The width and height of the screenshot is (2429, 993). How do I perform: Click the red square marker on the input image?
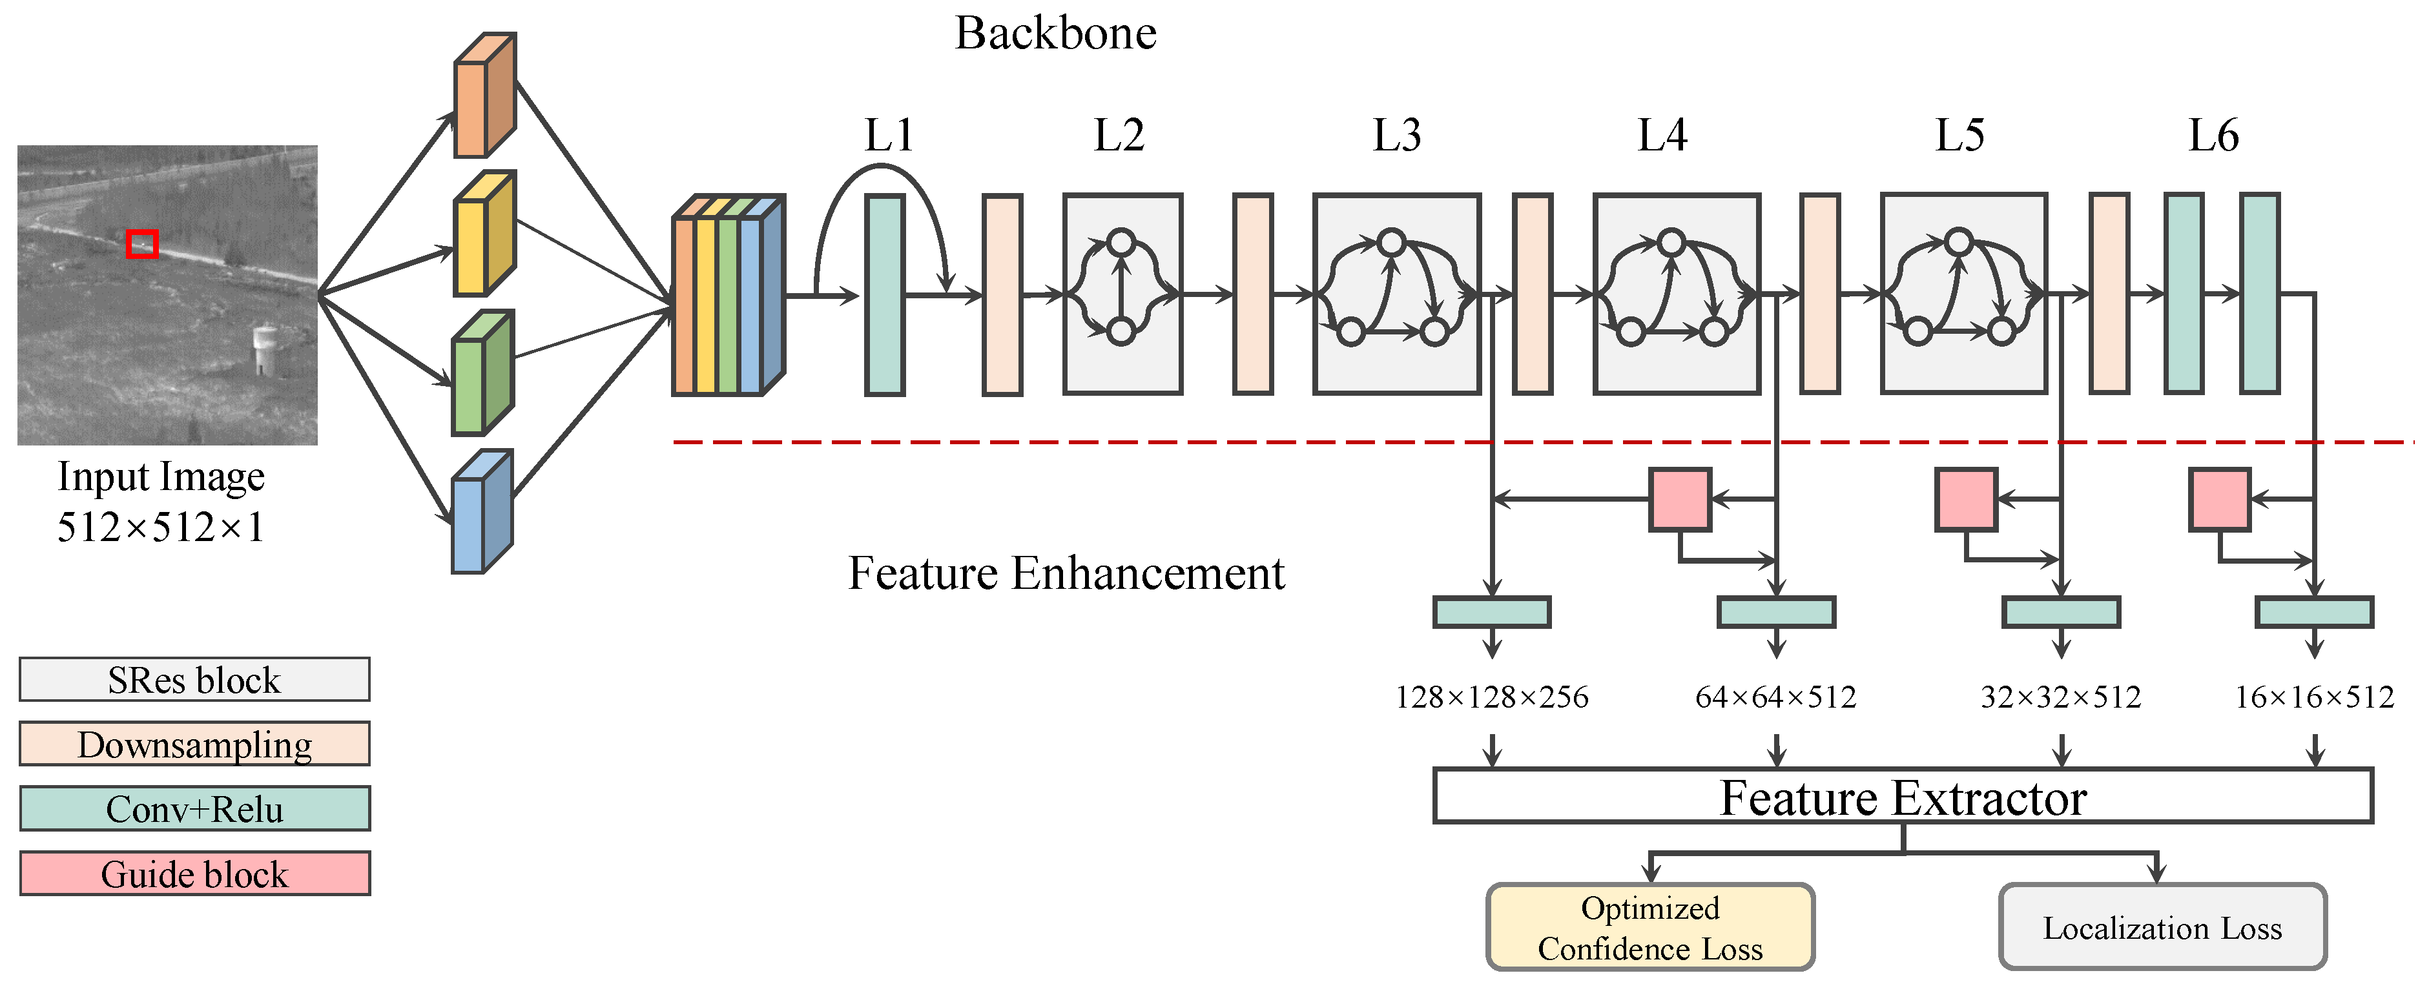142,243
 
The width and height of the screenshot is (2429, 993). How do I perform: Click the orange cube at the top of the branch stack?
484,96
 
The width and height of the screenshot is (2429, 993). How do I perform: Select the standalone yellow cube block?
484,234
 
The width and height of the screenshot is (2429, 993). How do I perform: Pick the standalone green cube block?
482,373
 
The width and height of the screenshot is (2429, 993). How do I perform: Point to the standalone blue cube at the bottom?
481,512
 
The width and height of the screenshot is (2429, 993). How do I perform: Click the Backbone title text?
1055,34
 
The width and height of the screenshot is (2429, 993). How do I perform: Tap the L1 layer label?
888,136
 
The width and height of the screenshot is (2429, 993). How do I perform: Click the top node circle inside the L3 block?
1391,242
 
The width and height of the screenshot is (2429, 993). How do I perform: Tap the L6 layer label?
2212,136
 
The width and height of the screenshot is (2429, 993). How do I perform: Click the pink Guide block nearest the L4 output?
1679,500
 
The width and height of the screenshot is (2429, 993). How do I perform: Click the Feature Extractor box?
1902,797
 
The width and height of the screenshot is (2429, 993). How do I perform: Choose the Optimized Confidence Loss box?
1649,927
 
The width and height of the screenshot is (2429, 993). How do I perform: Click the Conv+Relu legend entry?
194,808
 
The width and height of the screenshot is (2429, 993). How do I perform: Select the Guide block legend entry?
194,874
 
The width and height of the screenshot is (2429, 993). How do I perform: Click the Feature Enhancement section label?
1066,573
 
